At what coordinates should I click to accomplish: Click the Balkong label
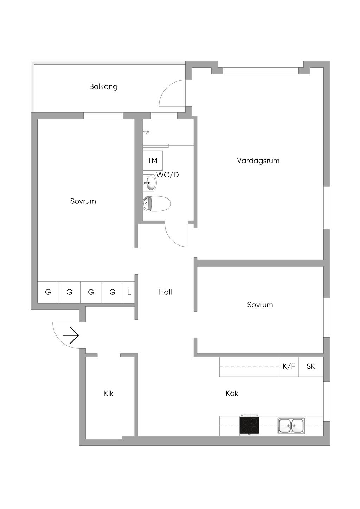(103, 86)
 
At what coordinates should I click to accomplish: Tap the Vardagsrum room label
(258, 161)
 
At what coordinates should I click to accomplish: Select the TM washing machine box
(153, 161)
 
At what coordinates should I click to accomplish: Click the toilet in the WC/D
(157, 204)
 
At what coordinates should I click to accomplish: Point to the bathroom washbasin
(150, 183)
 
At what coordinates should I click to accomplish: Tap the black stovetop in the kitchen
(249, 425)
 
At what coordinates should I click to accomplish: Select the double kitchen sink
(291, 426)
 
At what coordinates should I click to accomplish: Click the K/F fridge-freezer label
(289, 366)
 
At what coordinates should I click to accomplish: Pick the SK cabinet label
(311, 366)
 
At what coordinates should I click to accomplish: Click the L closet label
(129, 292)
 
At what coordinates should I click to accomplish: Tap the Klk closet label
(109, 393)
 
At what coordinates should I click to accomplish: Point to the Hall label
(165, 292)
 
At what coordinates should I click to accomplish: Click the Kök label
(232, 393)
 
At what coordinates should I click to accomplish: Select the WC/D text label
(168, 175)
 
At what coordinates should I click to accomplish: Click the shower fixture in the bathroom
(147, 132)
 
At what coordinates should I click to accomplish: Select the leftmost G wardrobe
(48, 292)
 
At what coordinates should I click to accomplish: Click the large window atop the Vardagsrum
(261, 71)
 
